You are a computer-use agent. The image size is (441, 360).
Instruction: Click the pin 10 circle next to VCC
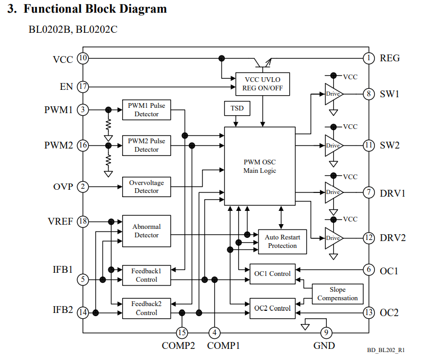(83, 58)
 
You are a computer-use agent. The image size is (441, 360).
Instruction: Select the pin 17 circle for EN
(83, 86)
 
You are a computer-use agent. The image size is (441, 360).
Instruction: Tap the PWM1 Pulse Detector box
(146, 109)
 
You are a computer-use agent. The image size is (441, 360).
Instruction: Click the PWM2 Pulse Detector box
(146, 145)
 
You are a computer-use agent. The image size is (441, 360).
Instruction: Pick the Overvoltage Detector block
(146, 187)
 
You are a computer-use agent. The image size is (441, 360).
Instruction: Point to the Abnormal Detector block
(146, 231)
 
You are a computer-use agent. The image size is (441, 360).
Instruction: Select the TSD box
(237, 108)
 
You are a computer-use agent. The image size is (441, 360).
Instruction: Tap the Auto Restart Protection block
(282, 241)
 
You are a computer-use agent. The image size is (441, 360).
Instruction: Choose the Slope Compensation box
(337, 294)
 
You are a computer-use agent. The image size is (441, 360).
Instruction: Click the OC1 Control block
(272, 274)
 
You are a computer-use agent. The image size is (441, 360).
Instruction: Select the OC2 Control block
(272, 308)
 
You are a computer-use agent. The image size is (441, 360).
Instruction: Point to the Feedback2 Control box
(146, 308)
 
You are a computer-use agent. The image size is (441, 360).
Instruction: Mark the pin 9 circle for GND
(326, 333)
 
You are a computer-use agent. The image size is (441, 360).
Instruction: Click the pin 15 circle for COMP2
(182, 333)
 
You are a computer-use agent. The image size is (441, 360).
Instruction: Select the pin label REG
(390, 58)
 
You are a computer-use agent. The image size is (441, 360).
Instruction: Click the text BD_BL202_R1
(386, 350)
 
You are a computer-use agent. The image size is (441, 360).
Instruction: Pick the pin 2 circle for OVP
(83, 187)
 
